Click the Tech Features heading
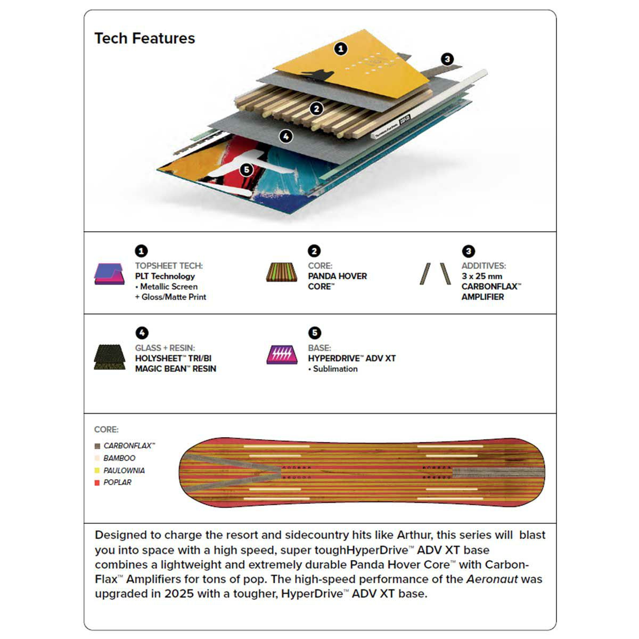[144, 38]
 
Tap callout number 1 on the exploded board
[341, 49]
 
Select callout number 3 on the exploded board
[447, 59]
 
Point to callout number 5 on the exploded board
[246, 170]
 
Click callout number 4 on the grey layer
[286, 136]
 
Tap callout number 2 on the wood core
[317, 109]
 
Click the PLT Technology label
[165, 276]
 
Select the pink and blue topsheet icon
[109, 274]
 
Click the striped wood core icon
[282, 272]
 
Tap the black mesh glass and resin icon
[109, 357]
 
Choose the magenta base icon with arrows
[282, 355]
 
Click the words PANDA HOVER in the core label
[337, 276]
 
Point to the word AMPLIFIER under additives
[482, 297]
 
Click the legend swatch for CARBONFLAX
[97, 446]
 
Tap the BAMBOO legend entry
[119, 458]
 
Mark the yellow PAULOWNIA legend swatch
[97, 471]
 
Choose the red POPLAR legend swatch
[97, 482]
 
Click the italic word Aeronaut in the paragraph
[491, 579]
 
